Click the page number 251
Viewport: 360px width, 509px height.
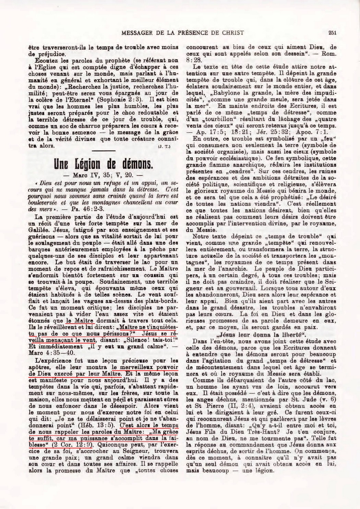tap(332, 33)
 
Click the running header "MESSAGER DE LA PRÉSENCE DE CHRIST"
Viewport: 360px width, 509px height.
tap(183, 33)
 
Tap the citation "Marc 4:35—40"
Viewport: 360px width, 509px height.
tap(44, 352)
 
